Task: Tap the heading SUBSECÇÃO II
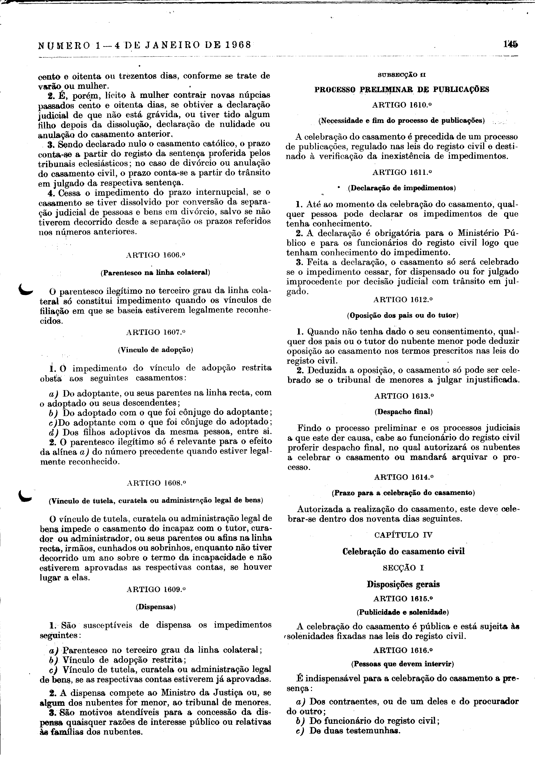tap(401, 75)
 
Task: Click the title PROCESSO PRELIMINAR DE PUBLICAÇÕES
tap(401, 89)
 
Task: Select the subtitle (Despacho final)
tap(403, 412)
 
